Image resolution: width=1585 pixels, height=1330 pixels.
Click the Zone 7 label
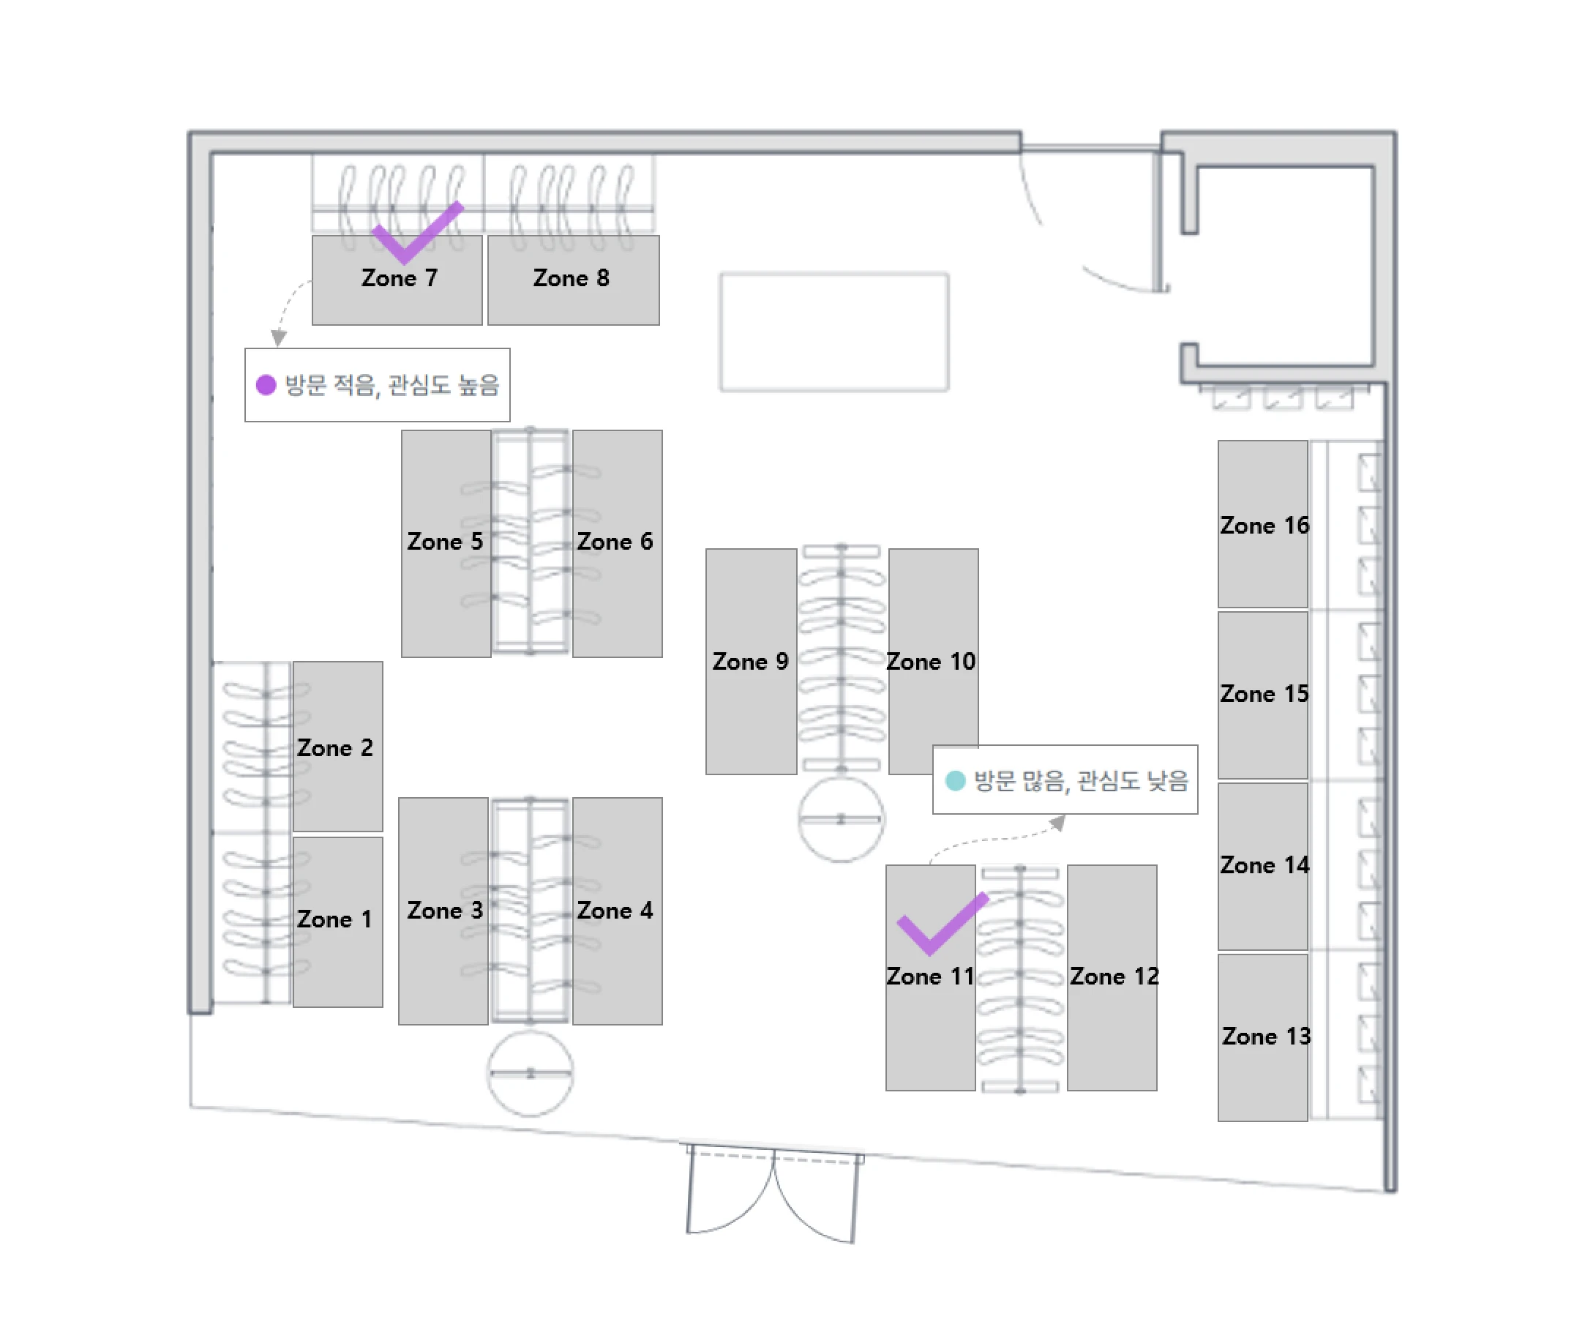(400, 277)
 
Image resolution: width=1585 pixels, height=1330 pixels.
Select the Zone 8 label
(571, 277)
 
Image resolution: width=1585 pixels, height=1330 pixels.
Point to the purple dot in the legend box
(266, 385)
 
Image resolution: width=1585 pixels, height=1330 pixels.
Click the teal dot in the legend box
(956, 780)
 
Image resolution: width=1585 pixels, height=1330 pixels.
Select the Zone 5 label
(445, 541)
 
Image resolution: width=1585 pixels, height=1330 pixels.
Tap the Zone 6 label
(615, 541)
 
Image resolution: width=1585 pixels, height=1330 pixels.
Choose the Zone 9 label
(750, 661)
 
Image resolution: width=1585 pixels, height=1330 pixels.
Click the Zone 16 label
(1264, 526)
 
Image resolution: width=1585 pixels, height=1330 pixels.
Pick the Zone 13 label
(1267, 1036)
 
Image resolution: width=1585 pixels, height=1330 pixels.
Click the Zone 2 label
(334, 748)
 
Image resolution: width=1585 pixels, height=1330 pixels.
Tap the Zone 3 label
(445, 911)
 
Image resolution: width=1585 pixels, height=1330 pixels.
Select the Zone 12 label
(1114, 976)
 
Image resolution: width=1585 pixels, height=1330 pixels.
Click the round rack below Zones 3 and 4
(530, 1072)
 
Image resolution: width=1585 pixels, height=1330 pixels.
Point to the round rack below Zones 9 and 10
(841, 819)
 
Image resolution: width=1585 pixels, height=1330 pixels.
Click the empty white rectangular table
(834, 332)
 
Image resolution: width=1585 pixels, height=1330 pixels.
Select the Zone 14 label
(1264, 865)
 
